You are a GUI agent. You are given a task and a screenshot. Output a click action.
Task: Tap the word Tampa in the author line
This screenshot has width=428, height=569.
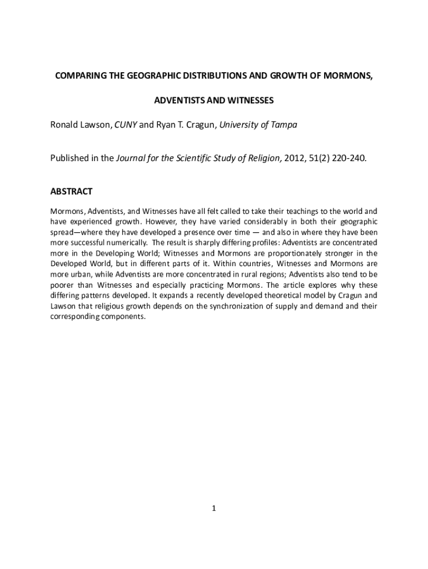[283, 125]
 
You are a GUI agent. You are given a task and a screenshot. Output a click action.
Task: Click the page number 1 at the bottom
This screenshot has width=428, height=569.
[214, 508]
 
